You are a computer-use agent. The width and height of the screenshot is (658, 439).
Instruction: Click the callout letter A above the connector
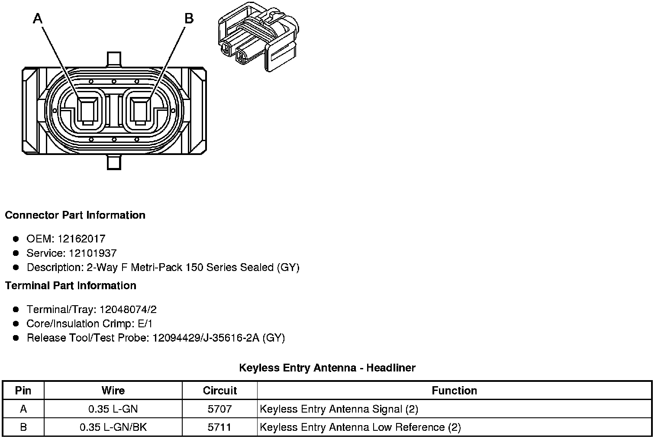pos(38,19)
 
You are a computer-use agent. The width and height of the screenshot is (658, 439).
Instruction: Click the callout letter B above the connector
pos(189,19)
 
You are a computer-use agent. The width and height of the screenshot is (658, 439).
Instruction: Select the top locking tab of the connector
pos(113,59)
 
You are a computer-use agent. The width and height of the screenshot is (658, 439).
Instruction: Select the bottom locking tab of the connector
pos(113,162)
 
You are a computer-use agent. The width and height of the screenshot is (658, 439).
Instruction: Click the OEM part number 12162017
pos(81,239)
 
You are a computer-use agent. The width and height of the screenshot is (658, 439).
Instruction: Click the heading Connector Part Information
pos(75,215)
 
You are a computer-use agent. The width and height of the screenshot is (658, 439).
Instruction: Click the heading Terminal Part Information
pos(71,286)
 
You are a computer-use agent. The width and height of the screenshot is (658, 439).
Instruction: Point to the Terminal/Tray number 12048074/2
pos(128,310)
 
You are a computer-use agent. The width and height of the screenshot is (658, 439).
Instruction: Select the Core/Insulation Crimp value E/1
pos(144,324)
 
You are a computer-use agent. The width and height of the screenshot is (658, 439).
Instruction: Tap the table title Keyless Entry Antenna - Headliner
pos(327,368)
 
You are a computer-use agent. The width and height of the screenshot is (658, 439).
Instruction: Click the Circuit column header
pos(219,391)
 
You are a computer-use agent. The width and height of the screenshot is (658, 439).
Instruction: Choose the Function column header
pos(454,391)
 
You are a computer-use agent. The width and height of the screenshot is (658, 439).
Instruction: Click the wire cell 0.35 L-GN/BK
pos(113,427)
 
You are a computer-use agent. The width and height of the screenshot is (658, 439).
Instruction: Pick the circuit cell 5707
pos(219,409)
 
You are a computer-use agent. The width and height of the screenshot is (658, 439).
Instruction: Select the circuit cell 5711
pos(219,427)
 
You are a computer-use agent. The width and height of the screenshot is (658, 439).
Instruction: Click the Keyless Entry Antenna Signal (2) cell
pos(339,409)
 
